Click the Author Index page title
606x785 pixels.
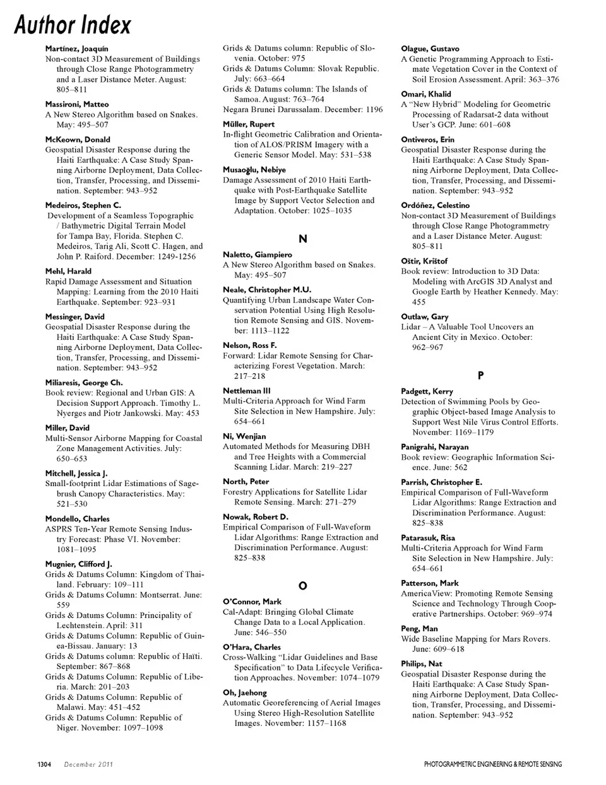click(73, 25)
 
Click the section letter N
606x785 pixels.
click(302, 238)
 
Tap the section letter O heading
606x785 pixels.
click(302, 586)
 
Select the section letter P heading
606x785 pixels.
click(480, 375)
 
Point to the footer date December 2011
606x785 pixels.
click(88, 764)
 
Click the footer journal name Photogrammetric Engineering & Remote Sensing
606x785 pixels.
click(492, 764)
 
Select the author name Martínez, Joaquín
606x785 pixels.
click(76, 49)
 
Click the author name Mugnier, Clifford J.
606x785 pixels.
click(78, 564)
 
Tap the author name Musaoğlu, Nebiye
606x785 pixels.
click(254, 170)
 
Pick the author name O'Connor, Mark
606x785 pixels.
click(252, 602)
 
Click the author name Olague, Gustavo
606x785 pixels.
click(430, 49)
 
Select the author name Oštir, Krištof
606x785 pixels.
click(424, 260)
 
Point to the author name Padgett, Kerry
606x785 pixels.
click(427, 391)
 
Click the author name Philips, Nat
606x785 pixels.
click(421, 663)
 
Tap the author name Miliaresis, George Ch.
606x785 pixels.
click(84, 382)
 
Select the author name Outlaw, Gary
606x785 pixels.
click(424, 317)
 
